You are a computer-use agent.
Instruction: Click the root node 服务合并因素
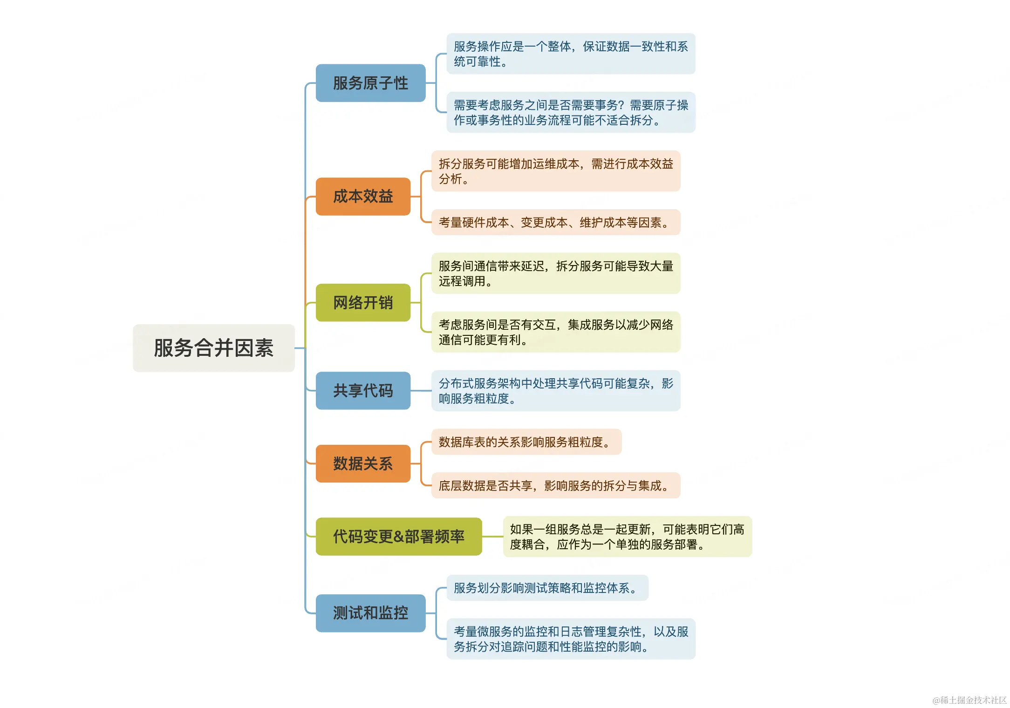(213, 348)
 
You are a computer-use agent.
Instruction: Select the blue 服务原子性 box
(370, 83)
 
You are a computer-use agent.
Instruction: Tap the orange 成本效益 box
(363, 196)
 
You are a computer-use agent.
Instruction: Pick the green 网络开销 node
(363, 302)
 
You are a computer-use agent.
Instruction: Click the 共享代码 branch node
(363, 390)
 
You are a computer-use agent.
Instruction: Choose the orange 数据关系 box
(363, 463)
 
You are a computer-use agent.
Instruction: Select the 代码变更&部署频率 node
(398, 536)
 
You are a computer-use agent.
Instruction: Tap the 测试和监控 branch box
(370, 613)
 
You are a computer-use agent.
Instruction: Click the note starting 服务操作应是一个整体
(571, 54)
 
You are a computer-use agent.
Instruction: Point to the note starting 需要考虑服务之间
(571, 112)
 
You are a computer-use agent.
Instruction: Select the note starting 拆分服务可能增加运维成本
(556, 171)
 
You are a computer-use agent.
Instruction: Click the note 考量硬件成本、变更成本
(556, 222)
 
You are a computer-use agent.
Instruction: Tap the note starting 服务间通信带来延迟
(556, 273)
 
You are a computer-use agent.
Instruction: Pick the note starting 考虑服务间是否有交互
(556, 332)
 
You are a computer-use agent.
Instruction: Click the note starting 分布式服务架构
(556, 390)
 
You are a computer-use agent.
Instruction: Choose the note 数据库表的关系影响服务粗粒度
(526, 442)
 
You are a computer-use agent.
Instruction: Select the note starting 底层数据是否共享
(556, 485)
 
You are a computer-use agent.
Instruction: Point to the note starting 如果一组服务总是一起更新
(627, 536)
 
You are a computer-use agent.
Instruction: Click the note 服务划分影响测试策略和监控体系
(547, 588)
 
